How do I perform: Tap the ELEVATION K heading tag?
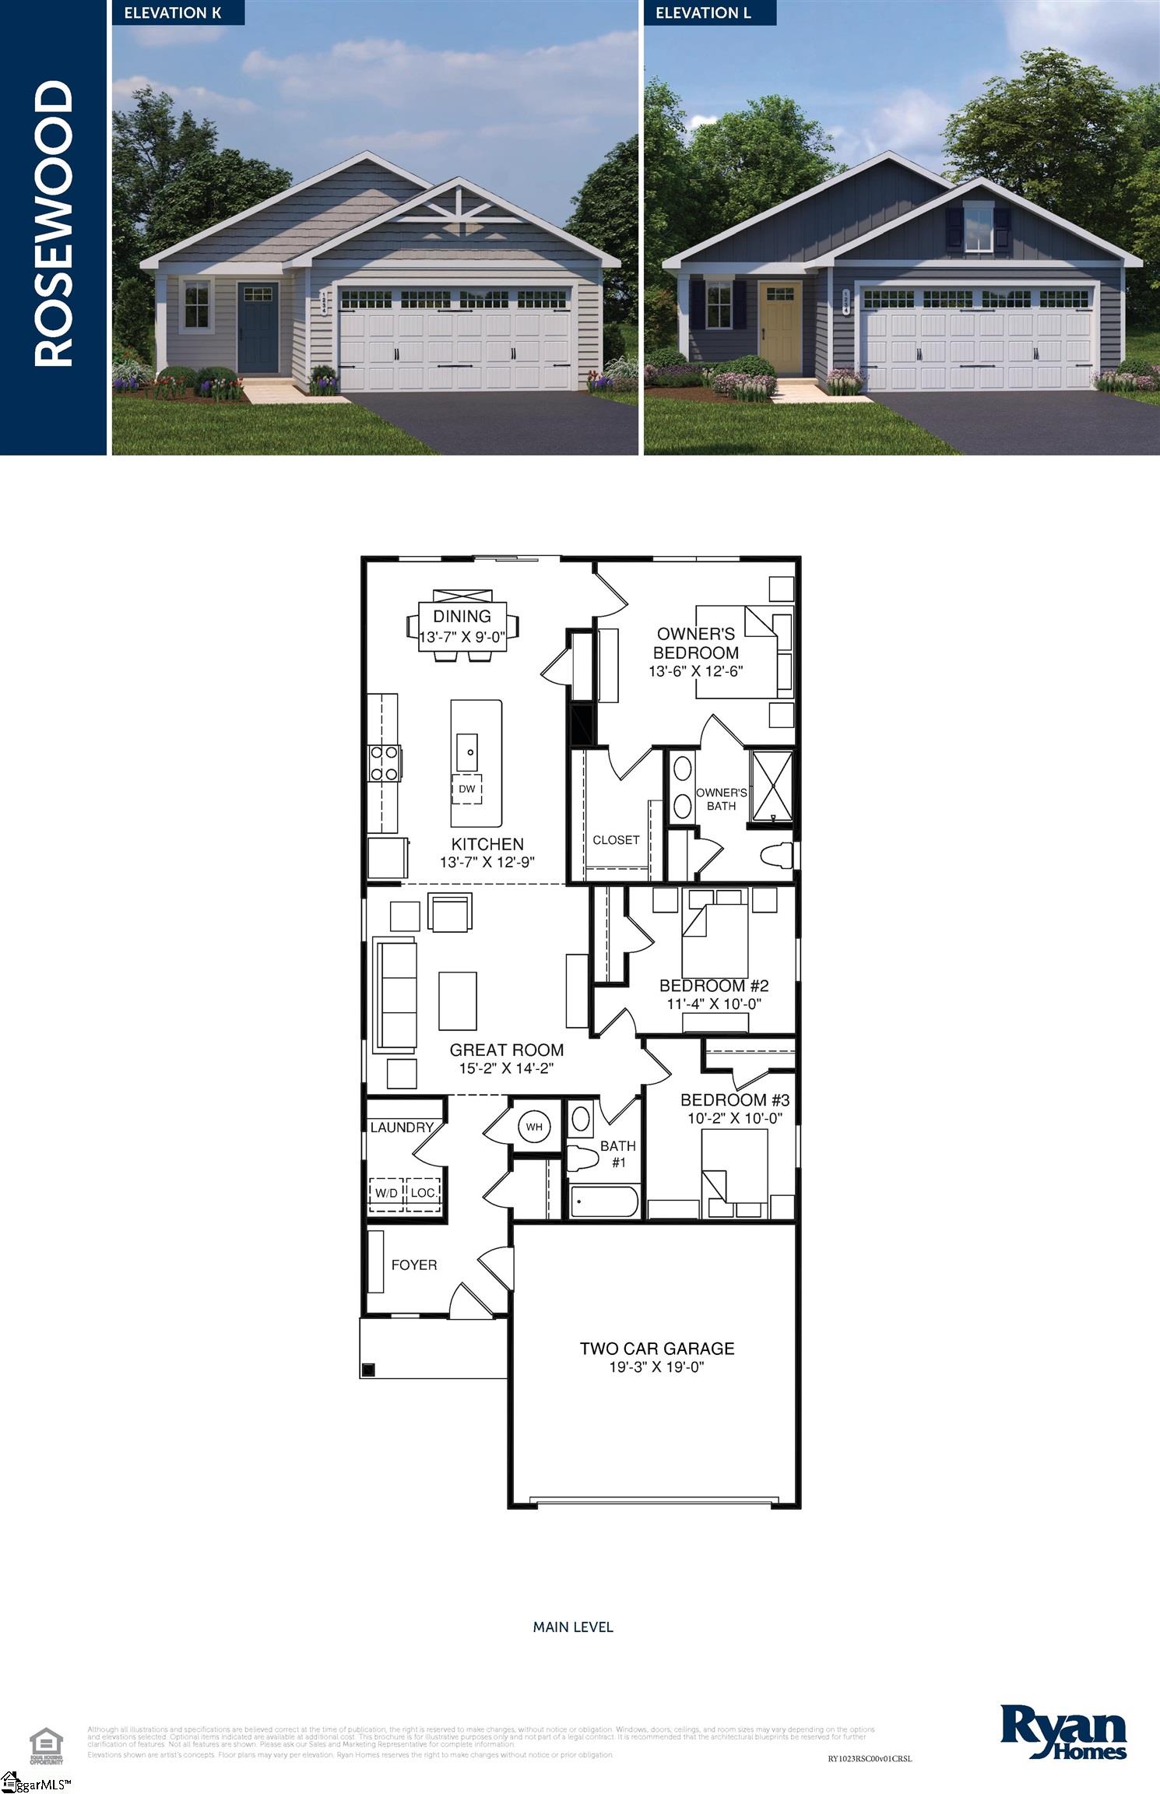tap(173, 12)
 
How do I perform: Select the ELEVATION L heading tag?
tap(703, 12)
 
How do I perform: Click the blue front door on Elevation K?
tap(258, 328)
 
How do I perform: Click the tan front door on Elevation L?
tap(781, 326)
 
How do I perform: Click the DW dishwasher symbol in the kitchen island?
tap(466, 789)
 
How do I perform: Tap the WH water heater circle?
tap(533, 1127)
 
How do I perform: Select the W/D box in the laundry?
tap(386, 1193)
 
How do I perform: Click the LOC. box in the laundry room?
tap(423, 1193)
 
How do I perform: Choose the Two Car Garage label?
tap(657, 1348)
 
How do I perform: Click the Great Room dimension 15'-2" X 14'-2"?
tap(506, 1068)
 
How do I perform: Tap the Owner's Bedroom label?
tap(695, 643)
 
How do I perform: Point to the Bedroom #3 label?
tap(734, 1099)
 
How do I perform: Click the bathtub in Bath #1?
tap(604, 1201)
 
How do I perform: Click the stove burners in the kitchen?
tap(384, 763)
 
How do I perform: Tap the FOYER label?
tap(413, 1265)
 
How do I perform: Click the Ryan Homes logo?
tap(1063, 1731)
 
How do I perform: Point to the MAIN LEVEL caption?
tap(573, 1627)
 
